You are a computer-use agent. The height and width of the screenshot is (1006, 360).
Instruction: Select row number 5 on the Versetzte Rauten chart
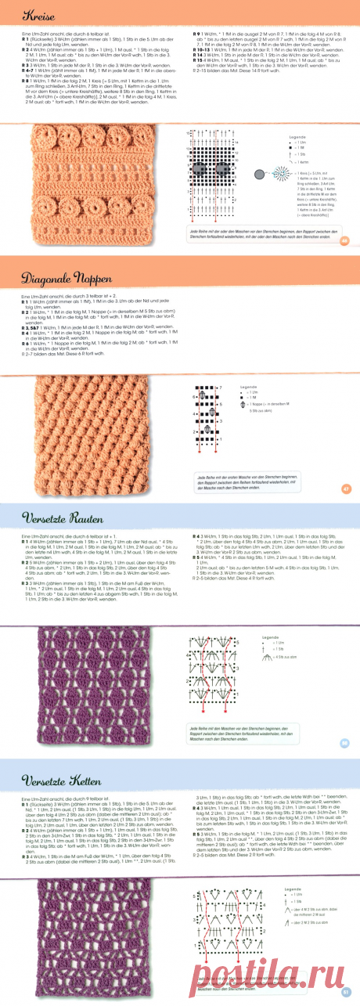pos(190,662)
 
